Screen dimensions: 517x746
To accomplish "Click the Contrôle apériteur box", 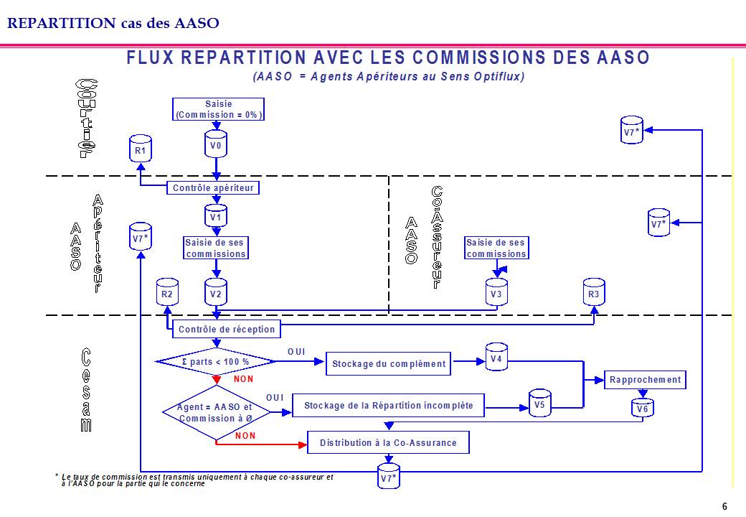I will click(x=214, y=188).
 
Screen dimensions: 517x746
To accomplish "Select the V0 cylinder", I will click(x=216, y=146).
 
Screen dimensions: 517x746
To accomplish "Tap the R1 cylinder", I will click(x=141, y=149).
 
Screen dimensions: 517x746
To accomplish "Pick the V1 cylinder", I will click(x=216, y=215).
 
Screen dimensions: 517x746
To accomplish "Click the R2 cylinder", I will click(x=167, y=292).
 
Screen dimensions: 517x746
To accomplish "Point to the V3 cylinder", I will click(x=496, y=293).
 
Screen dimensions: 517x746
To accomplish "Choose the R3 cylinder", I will click(x=594, y=293).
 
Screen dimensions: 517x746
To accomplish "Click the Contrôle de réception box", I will click(x=226, y=330).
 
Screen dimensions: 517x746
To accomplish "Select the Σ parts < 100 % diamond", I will click(x=216, y=361).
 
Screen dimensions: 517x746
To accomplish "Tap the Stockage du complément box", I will click(x=388, y=363).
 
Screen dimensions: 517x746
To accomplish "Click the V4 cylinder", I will click(x=496, y=357).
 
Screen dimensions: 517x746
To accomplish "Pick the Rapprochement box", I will click(x=646, y=380).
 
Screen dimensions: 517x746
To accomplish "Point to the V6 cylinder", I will click(x=642, y=408).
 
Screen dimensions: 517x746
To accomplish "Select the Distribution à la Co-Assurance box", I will click(x=388, y=442).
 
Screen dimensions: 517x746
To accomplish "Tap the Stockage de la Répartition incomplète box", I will click(x=388, y=406).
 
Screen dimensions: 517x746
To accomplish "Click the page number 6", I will click(x=724, y=506).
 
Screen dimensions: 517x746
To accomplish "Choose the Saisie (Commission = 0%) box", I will click(x=219, y=109).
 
